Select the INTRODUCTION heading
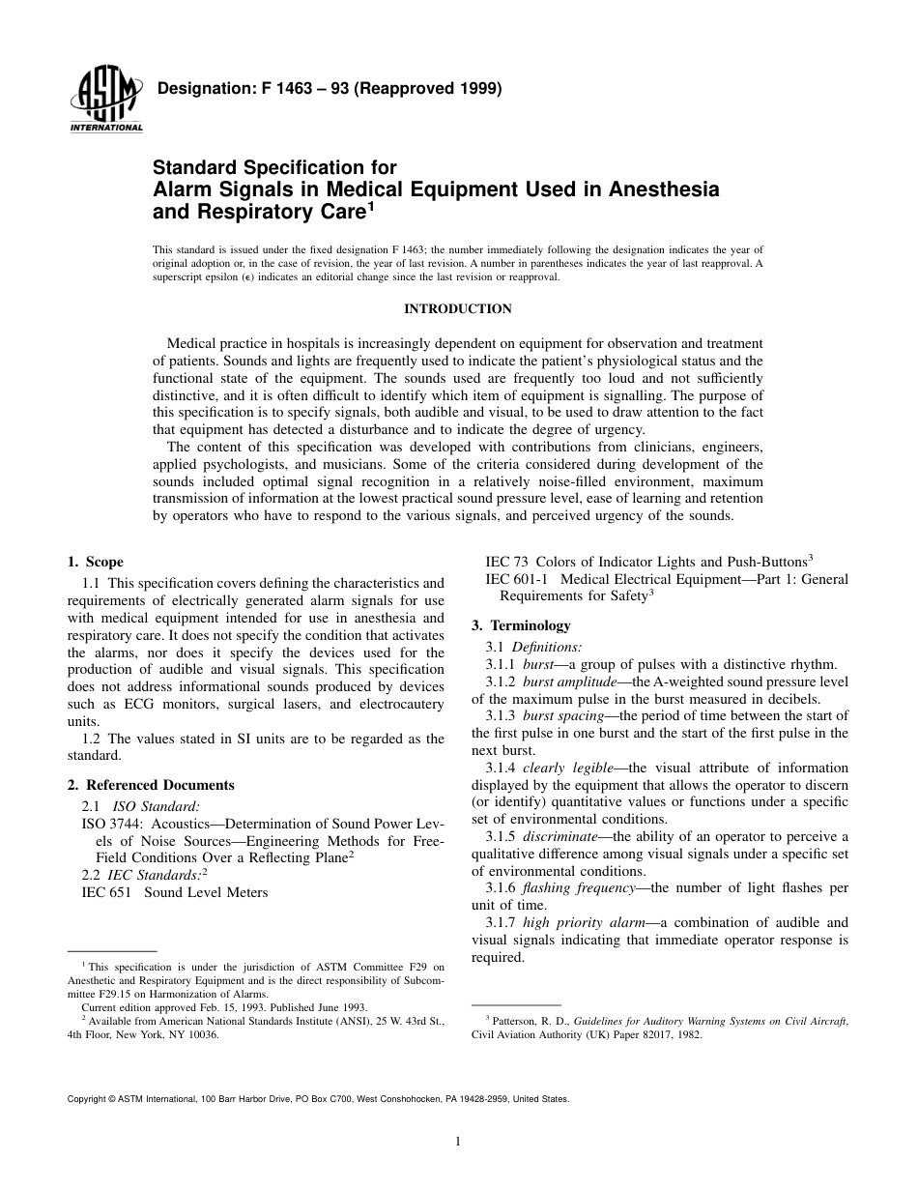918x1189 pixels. pos(457,309)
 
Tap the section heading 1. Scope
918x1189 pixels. pos(95,563)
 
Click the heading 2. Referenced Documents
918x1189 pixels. pos(151,785)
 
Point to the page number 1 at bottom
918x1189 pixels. pos(457,1142)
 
